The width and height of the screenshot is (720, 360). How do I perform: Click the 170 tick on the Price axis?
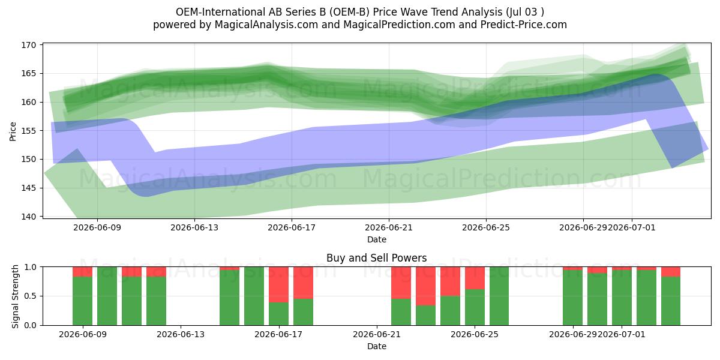(29, 45)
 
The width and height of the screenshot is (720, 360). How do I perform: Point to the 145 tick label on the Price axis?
(29, 188)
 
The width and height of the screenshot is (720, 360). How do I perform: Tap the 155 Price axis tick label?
(29, 131)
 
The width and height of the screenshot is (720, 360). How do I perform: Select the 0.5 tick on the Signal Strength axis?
(30, 296)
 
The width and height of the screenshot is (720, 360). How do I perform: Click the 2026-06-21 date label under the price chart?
(389, 227)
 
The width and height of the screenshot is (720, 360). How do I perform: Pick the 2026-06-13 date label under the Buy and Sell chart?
(181, 334)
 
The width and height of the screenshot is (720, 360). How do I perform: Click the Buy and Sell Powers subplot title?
(376, 258)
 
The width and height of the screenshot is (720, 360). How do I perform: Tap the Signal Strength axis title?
(15, 296)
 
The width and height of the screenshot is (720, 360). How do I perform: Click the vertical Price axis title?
(13, 131)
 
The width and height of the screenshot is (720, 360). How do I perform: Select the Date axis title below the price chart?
(377, 239)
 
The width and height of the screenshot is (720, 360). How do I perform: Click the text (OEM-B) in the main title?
(349, 12)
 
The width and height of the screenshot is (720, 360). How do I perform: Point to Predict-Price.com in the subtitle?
(524, 25)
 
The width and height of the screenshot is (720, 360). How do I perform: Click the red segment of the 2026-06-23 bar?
(425, 286)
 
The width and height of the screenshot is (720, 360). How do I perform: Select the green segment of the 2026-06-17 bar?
(278, 314)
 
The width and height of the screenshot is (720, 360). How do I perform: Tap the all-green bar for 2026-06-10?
(107, 296)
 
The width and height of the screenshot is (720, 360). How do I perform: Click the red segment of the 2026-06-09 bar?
(83, 272)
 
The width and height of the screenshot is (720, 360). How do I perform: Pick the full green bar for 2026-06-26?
(499, 296)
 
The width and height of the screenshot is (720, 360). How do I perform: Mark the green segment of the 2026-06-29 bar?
(573, 298)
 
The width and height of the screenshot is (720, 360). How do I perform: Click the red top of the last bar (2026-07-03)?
(671, 272)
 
